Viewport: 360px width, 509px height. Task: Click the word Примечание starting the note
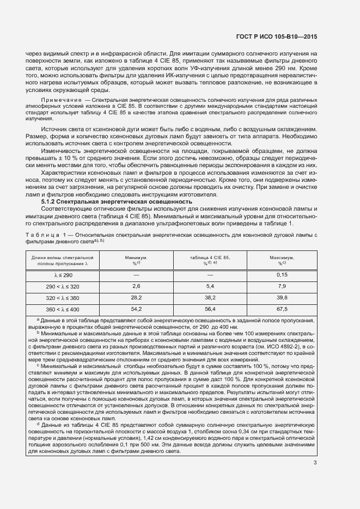click(60, 101)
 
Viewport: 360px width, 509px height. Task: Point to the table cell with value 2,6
click(136, 286)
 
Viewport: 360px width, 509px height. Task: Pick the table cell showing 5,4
click(210, 286)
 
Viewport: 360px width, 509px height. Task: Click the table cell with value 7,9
click(282, 286)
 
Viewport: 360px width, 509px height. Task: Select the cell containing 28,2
click(136, 298)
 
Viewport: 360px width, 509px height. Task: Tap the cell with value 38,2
click(210, 298)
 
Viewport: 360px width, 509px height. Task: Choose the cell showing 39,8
click(282, 298)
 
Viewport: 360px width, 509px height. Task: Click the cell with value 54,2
click(136, 309)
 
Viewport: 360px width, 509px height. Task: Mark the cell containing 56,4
click(210, 309)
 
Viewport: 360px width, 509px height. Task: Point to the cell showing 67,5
click(282, 309)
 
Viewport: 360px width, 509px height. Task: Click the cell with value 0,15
click(282, 274)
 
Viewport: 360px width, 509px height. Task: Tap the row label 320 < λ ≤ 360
click(63, 298)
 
